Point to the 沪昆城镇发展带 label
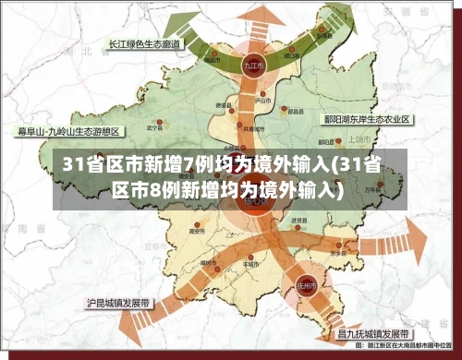coord(119,302)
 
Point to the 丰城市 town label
coord(249,262)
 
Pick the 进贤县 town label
coord(298,221)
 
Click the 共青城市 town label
coord(252,129)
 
